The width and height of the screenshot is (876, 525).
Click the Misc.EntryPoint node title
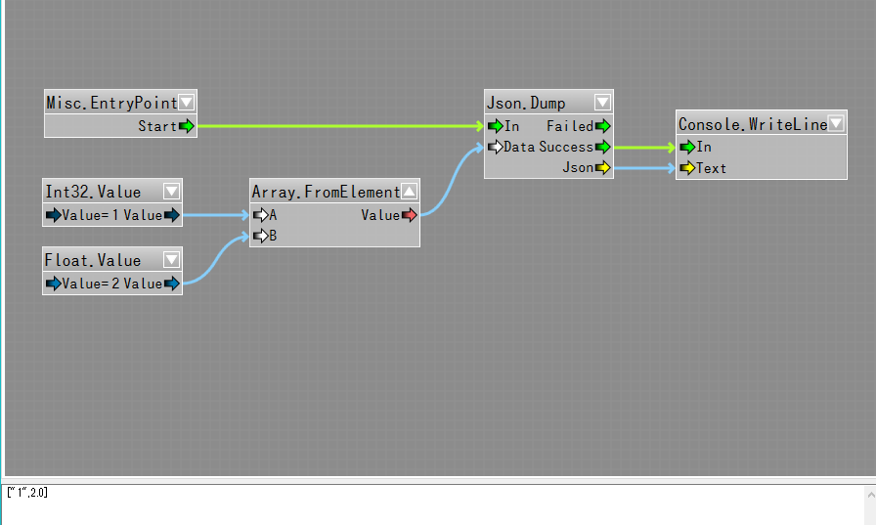point(111,103)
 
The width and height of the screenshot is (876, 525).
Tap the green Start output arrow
point(187,126)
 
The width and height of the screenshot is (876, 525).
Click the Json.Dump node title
point(526,103)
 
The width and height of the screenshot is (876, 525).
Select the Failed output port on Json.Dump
point(602,126)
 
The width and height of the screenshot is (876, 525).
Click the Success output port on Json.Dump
point(602,147)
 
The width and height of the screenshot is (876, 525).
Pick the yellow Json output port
point(602,168)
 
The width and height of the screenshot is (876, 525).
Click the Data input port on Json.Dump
point(495,147)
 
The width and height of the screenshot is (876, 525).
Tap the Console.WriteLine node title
point(753,124)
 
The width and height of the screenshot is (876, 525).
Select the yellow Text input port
point(687,168)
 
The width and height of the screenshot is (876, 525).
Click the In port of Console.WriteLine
point(687,147)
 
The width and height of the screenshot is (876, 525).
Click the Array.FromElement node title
point(326,192)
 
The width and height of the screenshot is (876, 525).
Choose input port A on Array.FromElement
point(260,215)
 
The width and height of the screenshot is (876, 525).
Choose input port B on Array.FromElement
point(260,236)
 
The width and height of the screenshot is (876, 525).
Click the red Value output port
point(409,215)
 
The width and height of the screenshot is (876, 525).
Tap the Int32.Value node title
point(93,192)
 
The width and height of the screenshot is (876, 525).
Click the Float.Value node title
point(93,260)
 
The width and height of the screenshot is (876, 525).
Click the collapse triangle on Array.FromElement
point(410,192)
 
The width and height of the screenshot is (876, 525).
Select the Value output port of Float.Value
point(172,284)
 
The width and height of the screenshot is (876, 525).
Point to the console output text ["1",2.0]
point(26,492)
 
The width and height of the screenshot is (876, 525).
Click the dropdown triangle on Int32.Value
point(172,192)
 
